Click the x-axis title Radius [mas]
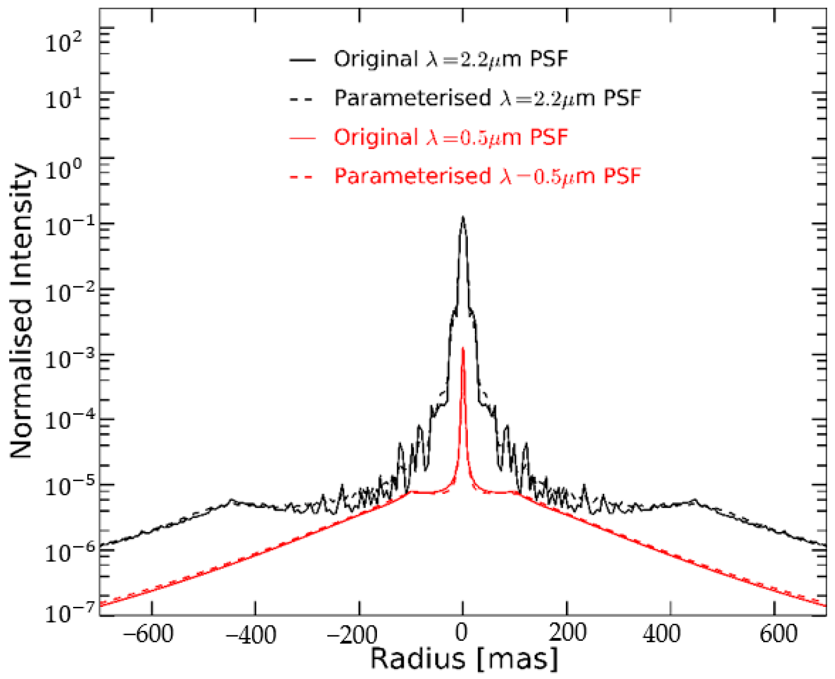[x=463, y=659]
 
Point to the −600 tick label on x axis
[x=148, y=634]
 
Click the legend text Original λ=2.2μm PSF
[x=451, y=59]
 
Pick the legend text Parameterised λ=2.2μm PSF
[x=487, y=98]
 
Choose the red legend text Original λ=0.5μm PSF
[x=451, y=137]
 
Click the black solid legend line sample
[x=302, y=60]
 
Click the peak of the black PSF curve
[x=463, y=217]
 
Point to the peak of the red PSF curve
[x=463, y=348]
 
